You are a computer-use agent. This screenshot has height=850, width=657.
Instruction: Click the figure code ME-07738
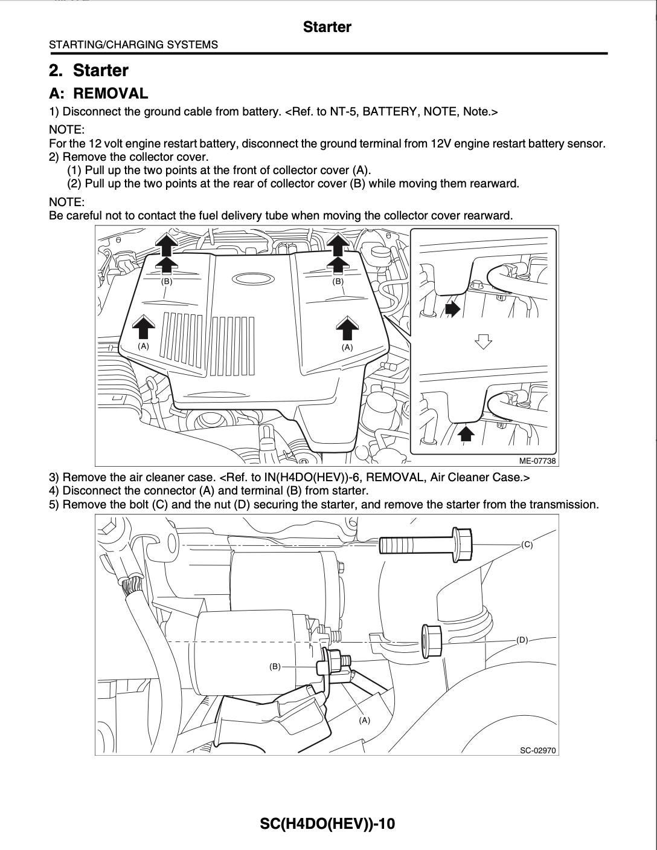pos(537,461)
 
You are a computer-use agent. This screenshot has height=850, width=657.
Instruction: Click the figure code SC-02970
pos(537,750)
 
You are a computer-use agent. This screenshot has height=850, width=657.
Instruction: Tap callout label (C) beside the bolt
pos(527,544)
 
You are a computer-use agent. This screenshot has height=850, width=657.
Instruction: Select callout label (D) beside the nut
pos(522,640)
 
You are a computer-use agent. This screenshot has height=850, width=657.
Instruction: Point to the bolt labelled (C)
pos(426,544)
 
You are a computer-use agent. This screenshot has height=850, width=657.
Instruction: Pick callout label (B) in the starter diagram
pos(275,666)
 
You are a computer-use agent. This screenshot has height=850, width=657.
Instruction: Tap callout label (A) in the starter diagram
pos(364,720)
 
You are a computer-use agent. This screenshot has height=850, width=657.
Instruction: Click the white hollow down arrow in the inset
pos(483,342)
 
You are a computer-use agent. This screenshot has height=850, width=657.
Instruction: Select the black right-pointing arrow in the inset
pos(452,309)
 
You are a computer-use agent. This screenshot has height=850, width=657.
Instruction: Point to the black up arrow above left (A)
pos(144,328)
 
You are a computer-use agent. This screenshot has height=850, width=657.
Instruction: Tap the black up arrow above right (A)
pos(347,328)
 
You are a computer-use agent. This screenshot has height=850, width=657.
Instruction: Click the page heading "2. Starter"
pos(89,71)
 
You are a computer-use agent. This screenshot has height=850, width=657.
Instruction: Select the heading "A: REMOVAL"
pos(98,94)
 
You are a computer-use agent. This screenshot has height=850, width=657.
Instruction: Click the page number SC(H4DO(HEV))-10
pos(327,823)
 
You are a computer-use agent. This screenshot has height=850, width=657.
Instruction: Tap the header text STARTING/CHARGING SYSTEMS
pos(133,45)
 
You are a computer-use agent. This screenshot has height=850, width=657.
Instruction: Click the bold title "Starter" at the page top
pos(327,27)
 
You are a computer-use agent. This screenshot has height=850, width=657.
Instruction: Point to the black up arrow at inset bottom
pos(465,433)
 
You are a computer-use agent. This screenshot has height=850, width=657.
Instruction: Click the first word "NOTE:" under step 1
pos(66,129)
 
